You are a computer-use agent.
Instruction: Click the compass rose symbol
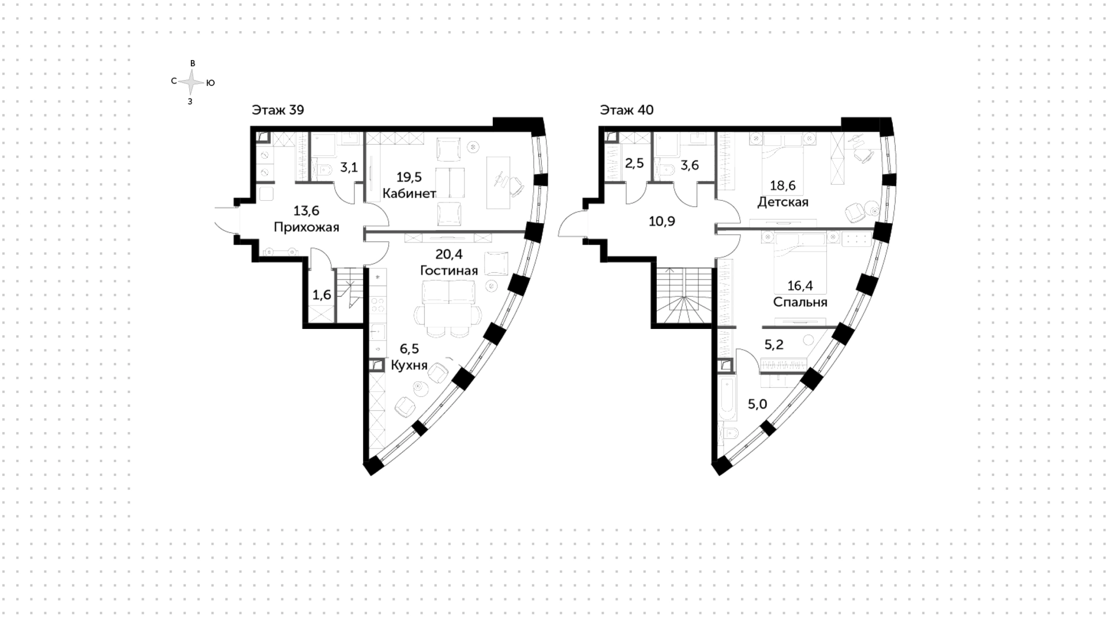pos(191,83)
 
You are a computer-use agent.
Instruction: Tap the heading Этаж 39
pos(278,110)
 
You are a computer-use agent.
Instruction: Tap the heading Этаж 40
pos(627,110)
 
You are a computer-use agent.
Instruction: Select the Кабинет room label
pos(409,193)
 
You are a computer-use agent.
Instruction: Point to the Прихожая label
pos(306,227)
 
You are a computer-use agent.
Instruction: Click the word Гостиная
pos(448,271)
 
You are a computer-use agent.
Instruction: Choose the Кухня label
pos(409,365)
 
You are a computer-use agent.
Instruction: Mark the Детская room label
pos(783,202)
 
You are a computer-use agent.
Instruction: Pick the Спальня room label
pos(800,302)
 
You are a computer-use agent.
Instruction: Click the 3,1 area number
pos(349,168)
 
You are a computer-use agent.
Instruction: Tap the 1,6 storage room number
pos(321,295)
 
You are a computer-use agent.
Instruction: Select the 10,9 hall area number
pos(662,221)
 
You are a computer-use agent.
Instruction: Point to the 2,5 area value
pos(634,163)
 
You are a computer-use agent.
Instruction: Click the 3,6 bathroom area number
pos(690,166)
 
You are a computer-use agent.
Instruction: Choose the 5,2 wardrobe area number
pos(774,344)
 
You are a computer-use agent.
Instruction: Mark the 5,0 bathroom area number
pos(757,404)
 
